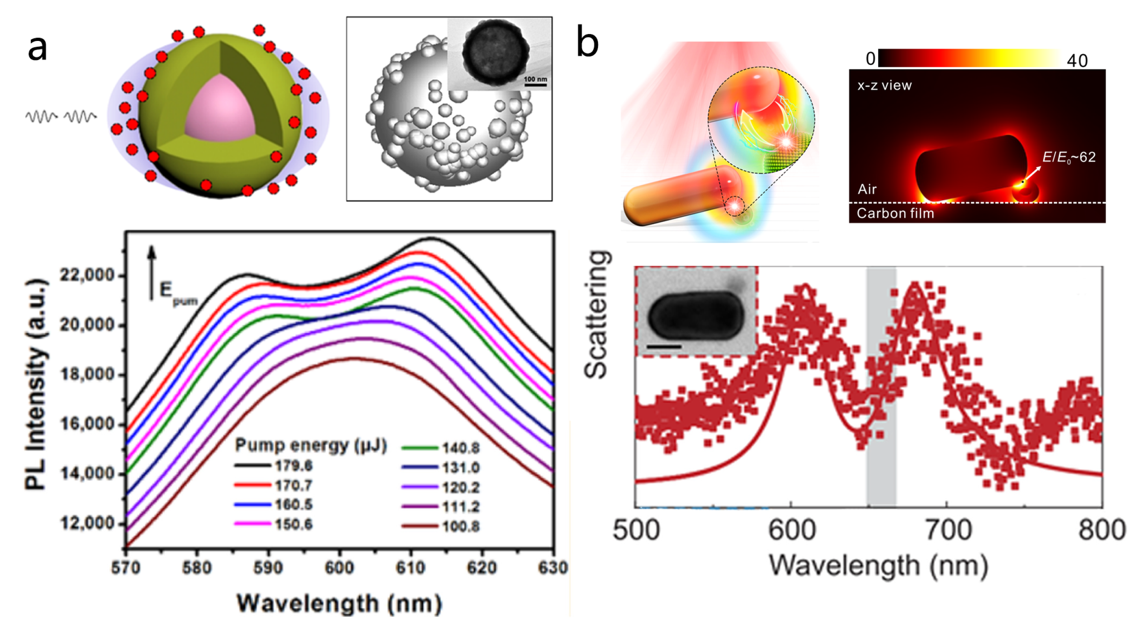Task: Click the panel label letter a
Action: point(38,49)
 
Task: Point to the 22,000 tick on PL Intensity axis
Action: point(87,276)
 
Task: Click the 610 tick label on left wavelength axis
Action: point(410,568)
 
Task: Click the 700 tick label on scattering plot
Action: point(947,530)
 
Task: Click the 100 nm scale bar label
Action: point(535,79)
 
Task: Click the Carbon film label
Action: point(895,214)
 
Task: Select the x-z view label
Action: point(885,85)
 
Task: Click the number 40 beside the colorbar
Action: point(1077,61)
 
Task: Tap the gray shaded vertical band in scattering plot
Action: point(882,387)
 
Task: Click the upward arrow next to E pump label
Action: point(151,273)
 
